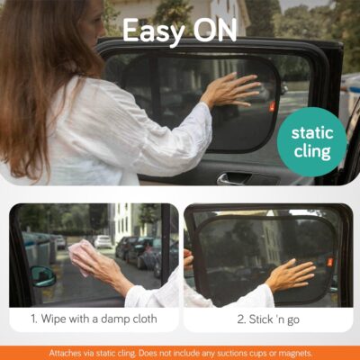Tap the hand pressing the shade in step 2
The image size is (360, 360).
[x=290, y=274]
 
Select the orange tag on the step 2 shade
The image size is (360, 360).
[x=327, y=261]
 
